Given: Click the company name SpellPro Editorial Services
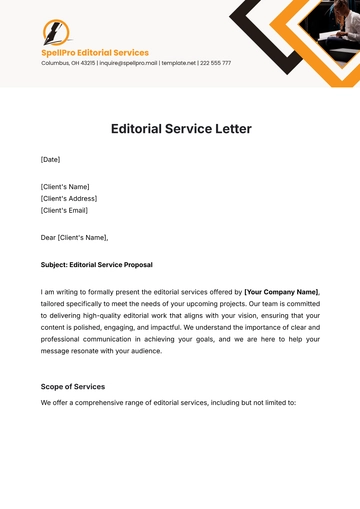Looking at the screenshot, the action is point(95,52).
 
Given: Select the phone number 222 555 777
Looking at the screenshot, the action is point(214,63).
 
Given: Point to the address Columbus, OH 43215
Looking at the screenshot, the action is point(68,63).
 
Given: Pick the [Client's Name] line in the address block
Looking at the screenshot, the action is point(65,187).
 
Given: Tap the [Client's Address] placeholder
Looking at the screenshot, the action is point(69,198).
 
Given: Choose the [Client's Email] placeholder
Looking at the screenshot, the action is point(65,210).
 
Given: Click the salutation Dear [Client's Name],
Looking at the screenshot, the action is point(74,237).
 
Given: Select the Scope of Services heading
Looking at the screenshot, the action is point(73,386).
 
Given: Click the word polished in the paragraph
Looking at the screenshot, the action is point(112,326).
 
